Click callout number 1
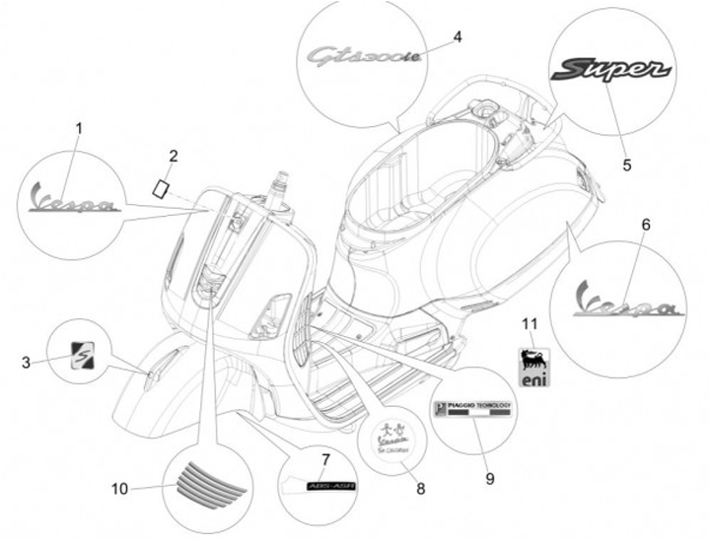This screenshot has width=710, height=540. click(x=79, y=127)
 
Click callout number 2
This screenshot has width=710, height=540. click(x=174, y=155)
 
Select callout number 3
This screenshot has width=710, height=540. click(x=27, y=363)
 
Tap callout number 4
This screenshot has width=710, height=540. click(x=457, y=36)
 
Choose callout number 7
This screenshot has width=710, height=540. click(x=325, y=459)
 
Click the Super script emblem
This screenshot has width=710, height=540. click(x=611, y=69)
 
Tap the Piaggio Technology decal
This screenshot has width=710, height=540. click(x=473, y=410)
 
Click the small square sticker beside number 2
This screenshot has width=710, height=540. click(x=161, y=185)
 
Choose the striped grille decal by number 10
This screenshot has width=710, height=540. click(x=202, y=483)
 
